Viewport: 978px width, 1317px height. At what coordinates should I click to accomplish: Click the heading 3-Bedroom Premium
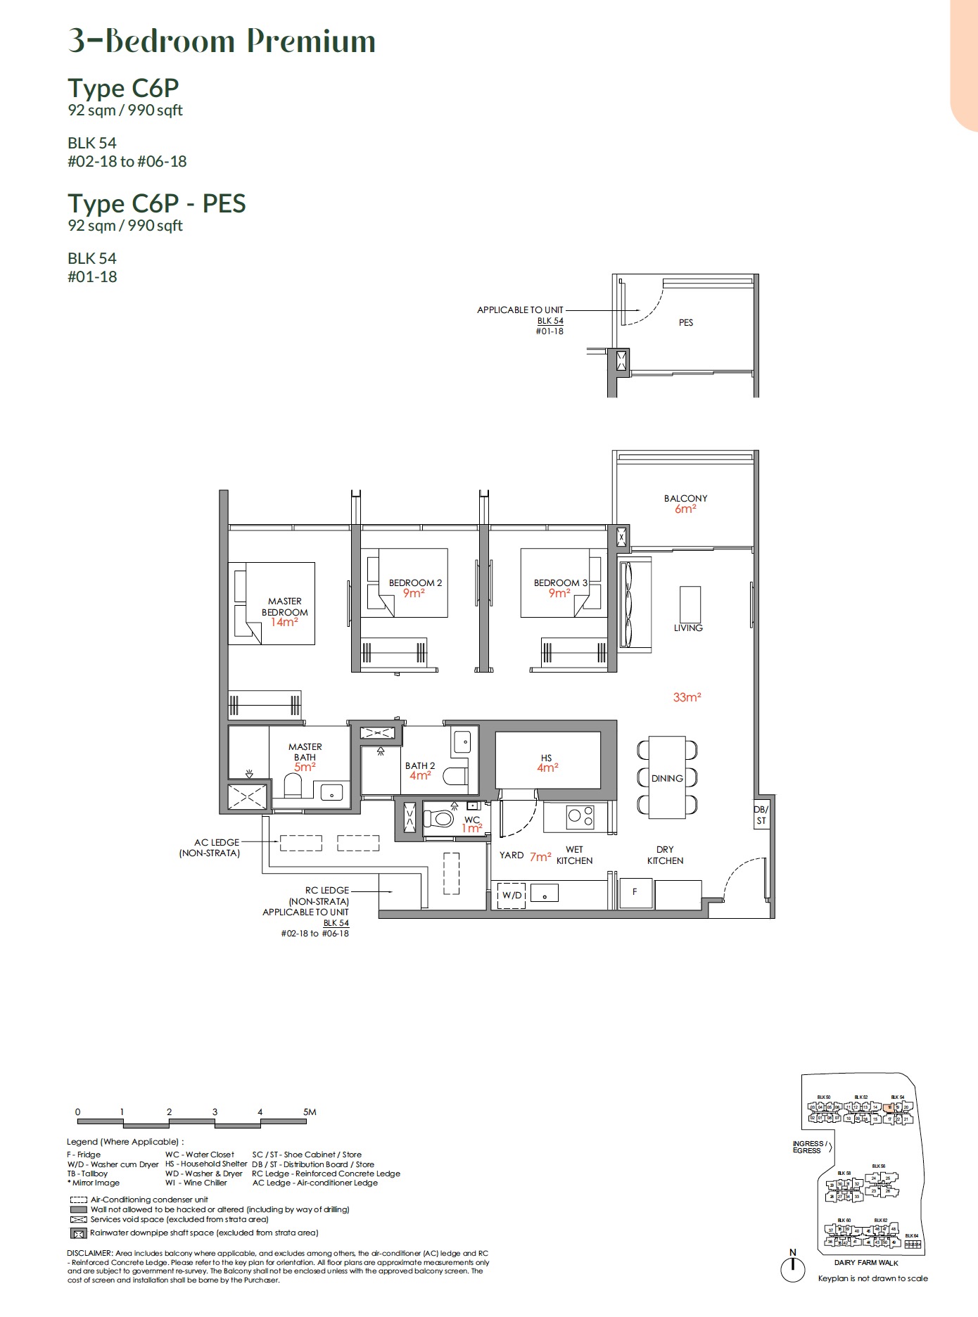coord(222,41)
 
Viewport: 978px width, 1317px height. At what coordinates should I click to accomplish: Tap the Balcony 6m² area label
coord(685,504)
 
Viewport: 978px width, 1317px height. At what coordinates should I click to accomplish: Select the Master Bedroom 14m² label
coord(284,612)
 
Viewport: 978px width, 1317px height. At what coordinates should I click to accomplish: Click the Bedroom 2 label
coord(415,583)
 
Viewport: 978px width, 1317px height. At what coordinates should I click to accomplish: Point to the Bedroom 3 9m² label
coord(560,588)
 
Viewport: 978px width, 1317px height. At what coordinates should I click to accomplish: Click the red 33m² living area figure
coord(687,697)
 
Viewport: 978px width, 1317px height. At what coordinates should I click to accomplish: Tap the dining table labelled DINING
coord(667,778)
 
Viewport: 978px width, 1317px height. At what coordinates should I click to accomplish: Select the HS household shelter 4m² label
coord(547,763)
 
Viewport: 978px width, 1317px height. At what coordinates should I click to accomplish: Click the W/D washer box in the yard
coord(512,895)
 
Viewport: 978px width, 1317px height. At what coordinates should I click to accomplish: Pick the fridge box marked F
coord(635,892)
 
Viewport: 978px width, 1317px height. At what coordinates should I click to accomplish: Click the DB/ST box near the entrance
coord(761,815)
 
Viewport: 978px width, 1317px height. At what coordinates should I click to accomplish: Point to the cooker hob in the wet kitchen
coord(580,815)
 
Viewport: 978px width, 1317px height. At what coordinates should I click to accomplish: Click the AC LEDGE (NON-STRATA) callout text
coord(210,847)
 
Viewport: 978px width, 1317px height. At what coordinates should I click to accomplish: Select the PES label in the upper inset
coord(686,322)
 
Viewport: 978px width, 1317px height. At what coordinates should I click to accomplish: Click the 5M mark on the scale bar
coord(310,1112)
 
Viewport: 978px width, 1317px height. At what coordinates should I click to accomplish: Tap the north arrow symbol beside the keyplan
coord(793,1266)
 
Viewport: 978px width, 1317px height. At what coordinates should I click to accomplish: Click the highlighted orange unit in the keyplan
coord(890,1107)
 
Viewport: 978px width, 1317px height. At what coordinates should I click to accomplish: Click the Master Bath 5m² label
coord(305,757)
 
